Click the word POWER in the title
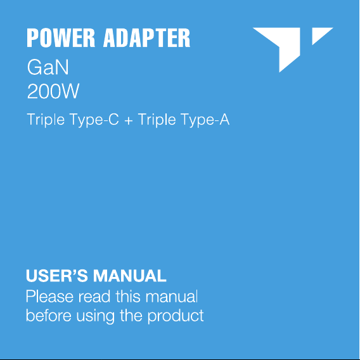click(x=61, y=38)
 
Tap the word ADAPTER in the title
click(x=146, y=38)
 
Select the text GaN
click(x=48, y=67)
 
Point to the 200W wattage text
click(x=53, y=91)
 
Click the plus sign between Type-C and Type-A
click(x=129, y=120)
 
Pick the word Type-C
click(x=94, y=120)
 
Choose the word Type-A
click(x=205, y=120)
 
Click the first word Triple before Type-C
click(x=46, y=120)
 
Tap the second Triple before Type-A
click(x=157, y=120)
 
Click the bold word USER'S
click(x=56, y=276)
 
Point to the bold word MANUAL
click(x=130, y=276)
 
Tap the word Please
click(x=49, y=297)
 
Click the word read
click(x=94, y=297)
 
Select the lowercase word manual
click(x=172, y=297)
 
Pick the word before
click(x=49, y=316)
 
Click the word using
click(x=95, y=317)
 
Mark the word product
click(x=176, y=316)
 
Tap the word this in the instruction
click(x=128, y=297)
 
